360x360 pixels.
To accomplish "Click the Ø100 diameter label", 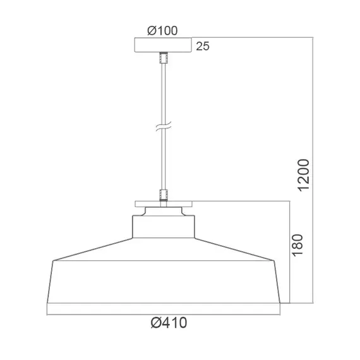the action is (162, 31).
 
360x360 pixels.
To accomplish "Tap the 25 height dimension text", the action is (203, 46).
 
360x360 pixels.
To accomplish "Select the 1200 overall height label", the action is (304, 175).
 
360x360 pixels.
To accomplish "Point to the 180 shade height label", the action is (297, 245).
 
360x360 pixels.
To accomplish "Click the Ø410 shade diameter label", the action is (169, 323).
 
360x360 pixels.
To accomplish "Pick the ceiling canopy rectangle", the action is (163, 45).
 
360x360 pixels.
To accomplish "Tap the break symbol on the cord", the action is (163, 127).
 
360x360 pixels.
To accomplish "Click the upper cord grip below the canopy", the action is (164, 57).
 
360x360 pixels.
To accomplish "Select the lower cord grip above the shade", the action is (164, 195).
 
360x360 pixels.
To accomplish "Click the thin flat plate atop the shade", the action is (164, 204).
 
